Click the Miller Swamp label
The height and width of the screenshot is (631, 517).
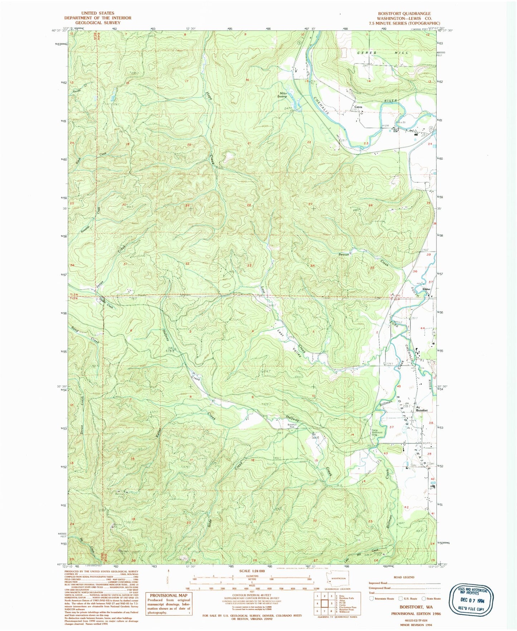click(283, 95)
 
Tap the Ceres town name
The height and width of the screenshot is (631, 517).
click(358, 107)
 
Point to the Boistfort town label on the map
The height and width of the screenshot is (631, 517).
click(422, 410)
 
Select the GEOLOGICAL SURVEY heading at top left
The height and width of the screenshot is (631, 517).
click(97, 23)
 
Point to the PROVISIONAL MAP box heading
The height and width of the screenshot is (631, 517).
click(168, 595)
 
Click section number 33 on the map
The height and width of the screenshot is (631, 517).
click(249, 265)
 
